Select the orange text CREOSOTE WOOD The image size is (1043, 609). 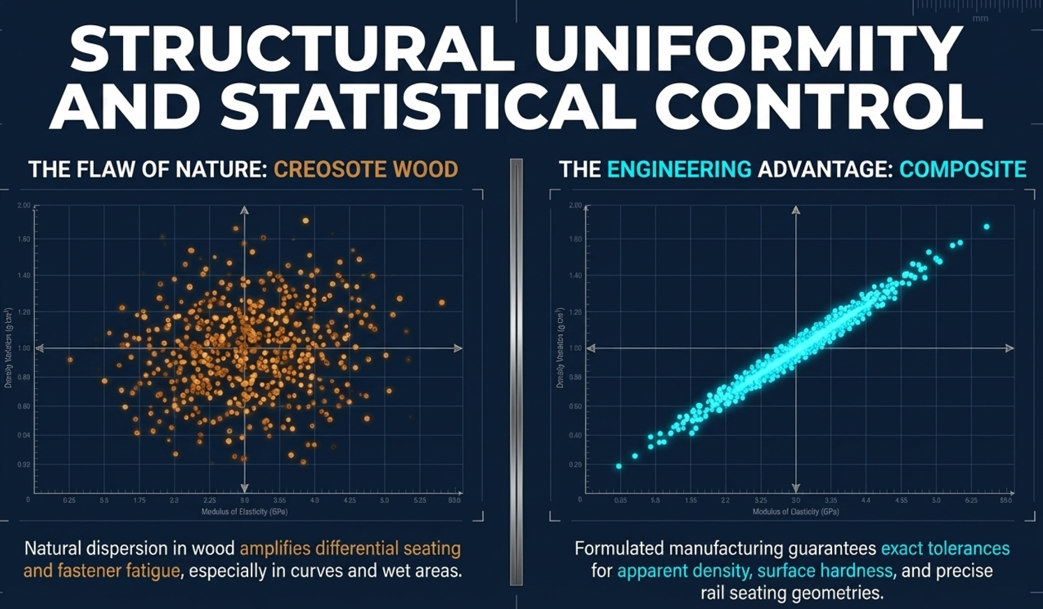tap(366, 169)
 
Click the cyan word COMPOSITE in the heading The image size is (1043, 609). tap(963, 169)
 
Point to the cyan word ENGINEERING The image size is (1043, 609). tap(679, 169)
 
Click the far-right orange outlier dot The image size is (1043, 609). tap(441, 302)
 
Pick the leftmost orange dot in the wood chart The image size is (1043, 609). tap(70, 359)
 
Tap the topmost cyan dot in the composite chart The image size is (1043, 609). tap(986, 227)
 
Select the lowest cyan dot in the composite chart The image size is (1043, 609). tap(619, 466)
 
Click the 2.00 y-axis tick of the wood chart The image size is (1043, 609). tap(24, 205)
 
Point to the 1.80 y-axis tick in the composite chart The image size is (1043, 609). tap(575, 239)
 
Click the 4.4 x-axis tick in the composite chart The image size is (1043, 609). tap(866, 500)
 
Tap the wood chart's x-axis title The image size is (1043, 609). tap(244, 512)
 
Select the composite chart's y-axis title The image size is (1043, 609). tap(560, 347)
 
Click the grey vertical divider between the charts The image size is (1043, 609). tap(516, 372)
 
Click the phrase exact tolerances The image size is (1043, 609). tap(945, 548)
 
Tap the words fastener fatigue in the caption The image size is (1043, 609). tap(102, 571)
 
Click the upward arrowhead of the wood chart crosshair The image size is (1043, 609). tap(244, 210)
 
